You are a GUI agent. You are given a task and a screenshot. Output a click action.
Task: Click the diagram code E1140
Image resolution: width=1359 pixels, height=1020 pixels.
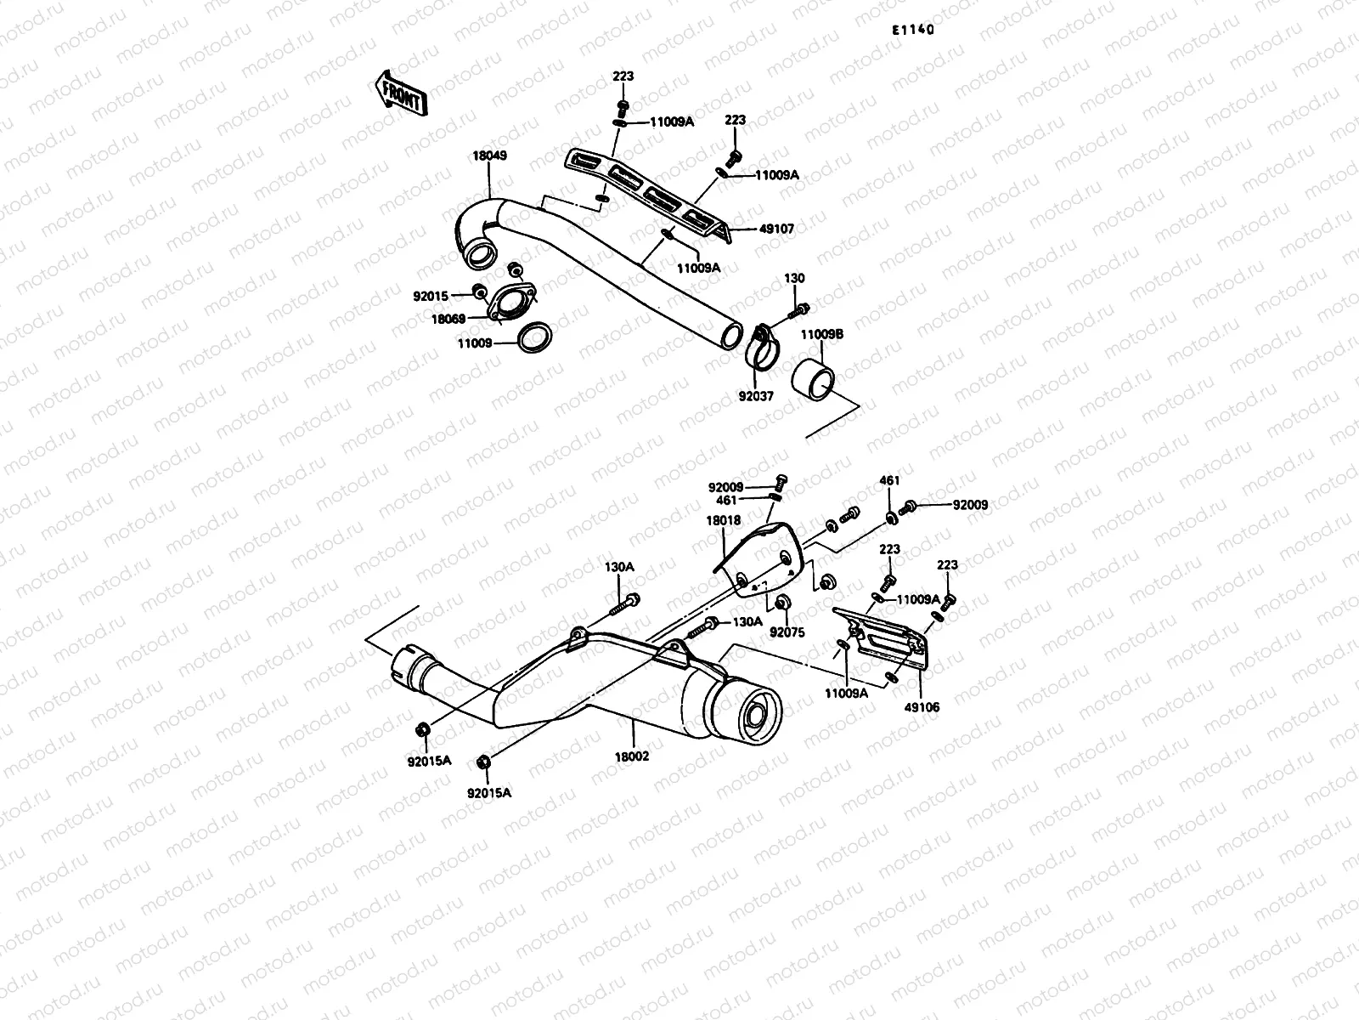coord(912,30)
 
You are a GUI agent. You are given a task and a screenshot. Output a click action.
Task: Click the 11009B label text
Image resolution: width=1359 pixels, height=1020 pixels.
coord(820,335)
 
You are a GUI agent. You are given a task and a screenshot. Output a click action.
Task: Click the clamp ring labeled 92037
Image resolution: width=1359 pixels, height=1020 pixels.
coord(764,348)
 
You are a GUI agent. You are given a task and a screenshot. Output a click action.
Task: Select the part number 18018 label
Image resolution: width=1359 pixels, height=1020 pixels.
coord(722,521)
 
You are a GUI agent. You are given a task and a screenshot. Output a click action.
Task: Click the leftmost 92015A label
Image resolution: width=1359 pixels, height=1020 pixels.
coord(430,762)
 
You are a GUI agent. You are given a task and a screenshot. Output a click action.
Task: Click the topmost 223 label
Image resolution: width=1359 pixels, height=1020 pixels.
coord(623,76)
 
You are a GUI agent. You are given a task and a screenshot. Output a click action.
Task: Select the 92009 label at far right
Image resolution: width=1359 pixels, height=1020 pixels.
coord(970,505)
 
